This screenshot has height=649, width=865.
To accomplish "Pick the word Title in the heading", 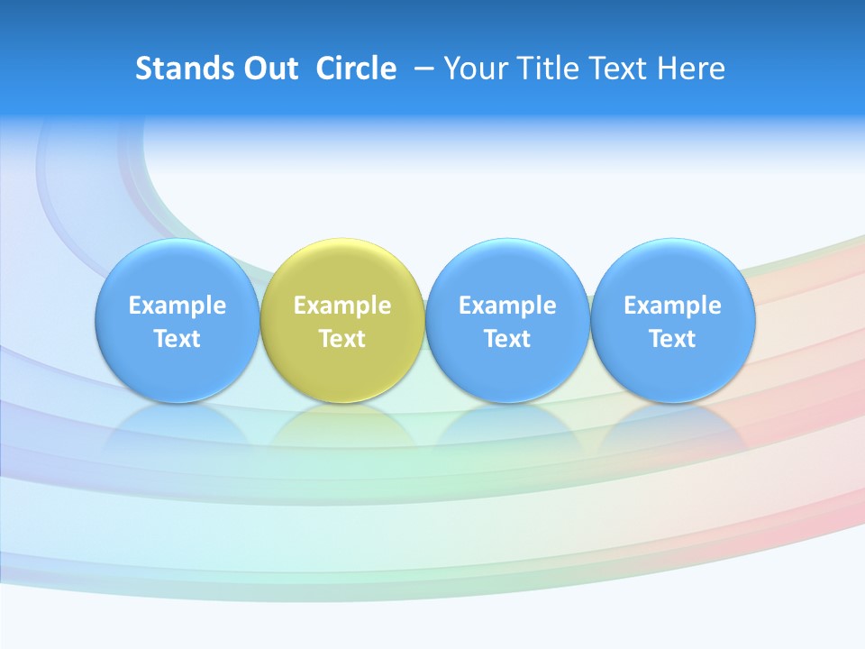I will pyautogui.click(x=543, y=69).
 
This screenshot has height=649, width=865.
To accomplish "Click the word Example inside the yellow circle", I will pyautogui.click(x=342, y=306).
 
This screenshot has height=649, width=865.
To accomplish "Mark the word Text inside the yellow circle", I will pyautogui.click(x=342, y=339).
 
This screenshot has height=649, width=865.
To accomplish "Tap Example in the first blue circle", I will pyautogui.click(x=177, y=306).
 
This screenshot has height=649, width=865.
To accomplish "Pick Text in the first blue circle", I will pyautogui.click(x=177, y=339).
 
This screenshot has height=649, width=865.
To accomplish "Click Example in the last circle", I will pyautogui.click(x=673, y=306).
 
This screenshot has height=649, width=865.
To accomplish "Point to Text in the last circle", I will pyautogui.click(x=673, y=339).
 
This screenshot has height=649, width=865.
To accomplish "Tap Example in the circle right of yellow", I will pyautogui.click(x=507, y=306).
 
